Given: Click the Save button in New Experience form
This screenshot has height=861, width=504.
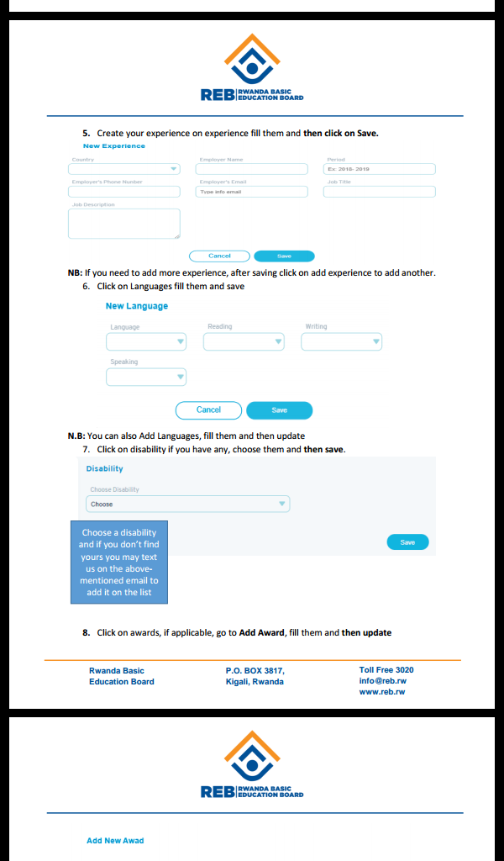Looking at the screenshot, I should (284, 256).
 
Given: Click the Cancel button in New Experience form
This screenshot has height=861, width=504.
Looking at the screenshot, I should (219, 256).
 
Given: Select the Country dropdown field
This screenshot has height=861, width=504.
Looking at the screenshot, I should (124, 169).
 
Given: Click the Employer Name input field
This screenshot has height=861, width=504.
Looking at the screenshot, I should (251, 169).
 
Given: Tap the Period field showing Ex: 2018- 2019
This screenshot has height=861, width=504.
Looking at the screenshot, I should (379, 169).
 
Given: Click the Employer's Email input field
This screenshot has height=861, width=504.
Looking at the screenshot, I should (251, 192).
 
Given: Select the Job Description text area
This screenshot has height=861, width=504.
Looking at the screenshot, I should (124, 224).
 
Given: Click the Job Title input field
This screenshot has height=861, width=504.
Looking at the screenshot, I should (379, 192).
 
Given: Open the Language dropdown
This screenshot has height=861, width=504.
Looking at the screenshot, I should (146, 342).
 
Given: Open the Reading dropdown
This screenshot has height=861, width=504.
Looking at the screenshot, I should (244, 342).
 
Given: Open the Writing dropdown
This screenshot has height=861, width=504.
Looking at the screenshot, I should (341, 342).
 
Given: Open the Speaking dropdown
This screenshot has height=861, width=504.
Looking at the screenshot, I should (146, 378).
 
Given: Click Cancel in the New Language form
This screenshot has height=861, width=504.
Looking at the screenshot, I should (208, 410).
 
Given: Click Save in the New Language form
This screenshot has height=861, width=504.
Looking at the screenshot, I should (279, 410).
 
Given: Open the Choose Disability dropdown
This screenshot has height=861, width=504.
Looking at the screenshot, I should (187, 504).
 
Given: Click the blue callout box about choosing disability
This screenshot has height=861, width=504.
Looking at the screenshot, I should (118, 563).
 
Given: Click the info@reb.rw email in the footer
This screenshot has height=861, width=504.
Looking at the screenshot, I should (383, 681).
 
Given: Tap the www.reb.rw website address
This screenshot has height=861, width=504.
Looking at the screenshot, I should (382, 692).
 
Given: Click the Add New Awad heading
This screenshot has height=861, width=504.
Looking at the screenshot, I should (115, 841).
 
